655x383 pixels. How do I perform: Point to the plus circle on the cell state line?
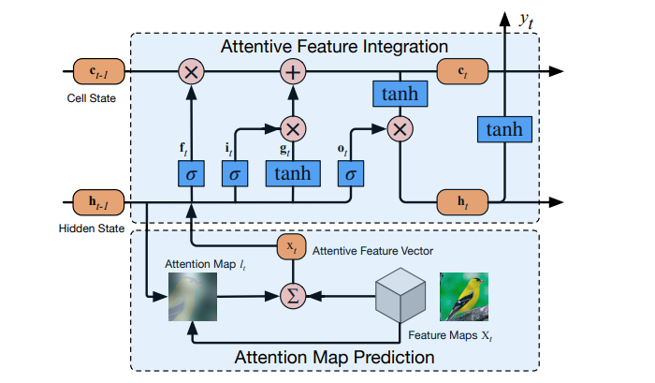pyautogui.click(x=294, y=71)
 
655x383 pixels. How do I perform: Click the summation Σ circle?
pyautogui.click(x=295, y=296)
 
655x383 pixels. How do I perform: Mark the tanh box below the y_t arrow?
pyautogui.click(x=505, y=129)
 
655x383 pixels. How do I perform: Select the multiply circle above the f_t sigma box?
pyautogui.click(x=191, y=71)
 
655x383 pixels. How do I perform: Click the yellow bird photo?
pyautogui.click(x=464, y=296)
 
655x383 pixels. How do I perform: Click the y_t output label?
pyautogui.click(x=527, y=18)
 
